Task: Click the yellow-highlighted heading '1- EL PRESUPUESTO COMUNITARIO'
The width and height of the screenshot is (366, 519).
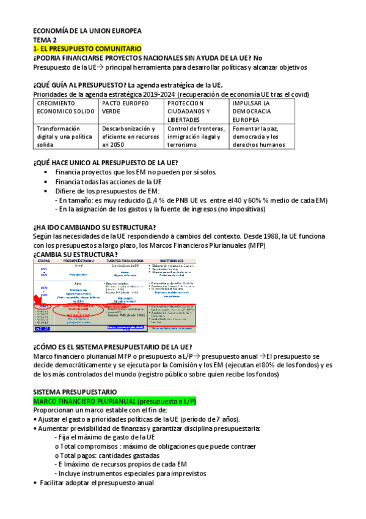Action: tap(87, 48)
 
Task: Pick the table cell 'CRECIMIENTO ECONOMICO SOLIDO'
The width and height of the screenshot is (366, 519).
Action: tap(65, 108)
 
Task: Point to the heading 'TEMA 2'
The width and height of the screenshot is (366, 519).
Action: tap(44, 39)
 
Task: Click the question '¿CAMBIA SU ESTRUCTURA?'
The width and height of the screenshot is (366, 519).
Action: tap(75, 254)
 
